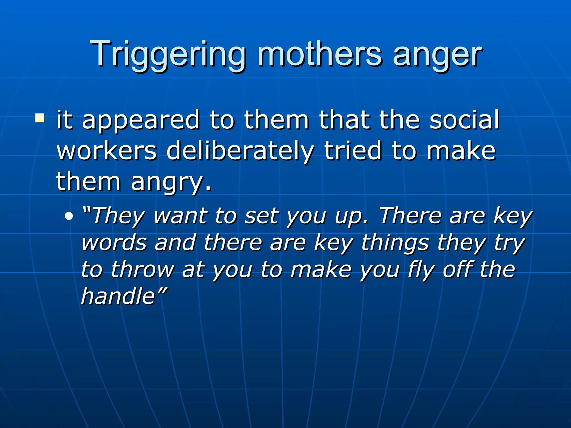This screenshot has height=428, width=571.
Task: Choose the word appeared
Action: click(x=141, y=121)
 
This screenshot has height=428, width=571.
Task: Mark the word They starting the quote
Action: click(x=117, y=216)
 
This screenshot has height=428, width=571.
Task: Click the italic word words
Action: click(x=114, y=243)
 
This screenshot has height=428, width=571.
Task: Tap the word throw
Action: click(x=142, y=269)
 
